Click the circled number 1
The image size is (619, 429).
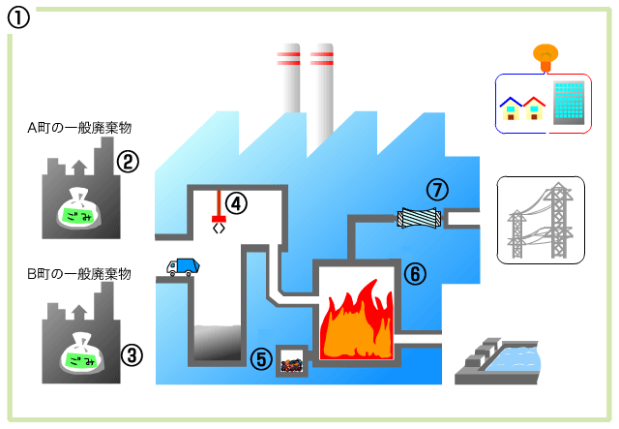(19, 17)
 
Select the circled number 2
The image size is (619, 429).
(128, 161)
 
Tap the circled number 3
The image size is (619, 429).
(132, 354)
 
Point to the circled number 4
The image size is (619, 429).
(237, 202)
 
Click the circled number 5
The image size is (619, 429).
(262, 359)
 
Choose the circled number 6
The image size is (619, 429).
(414, 274)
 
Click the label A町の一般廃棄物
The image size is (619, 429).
(79, 128)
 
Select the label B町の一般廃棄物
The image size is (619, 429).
(79, 275)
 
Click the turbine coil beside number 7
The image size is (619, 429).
(419, 218)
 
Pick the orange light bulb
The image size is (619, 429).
(545, 56)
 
